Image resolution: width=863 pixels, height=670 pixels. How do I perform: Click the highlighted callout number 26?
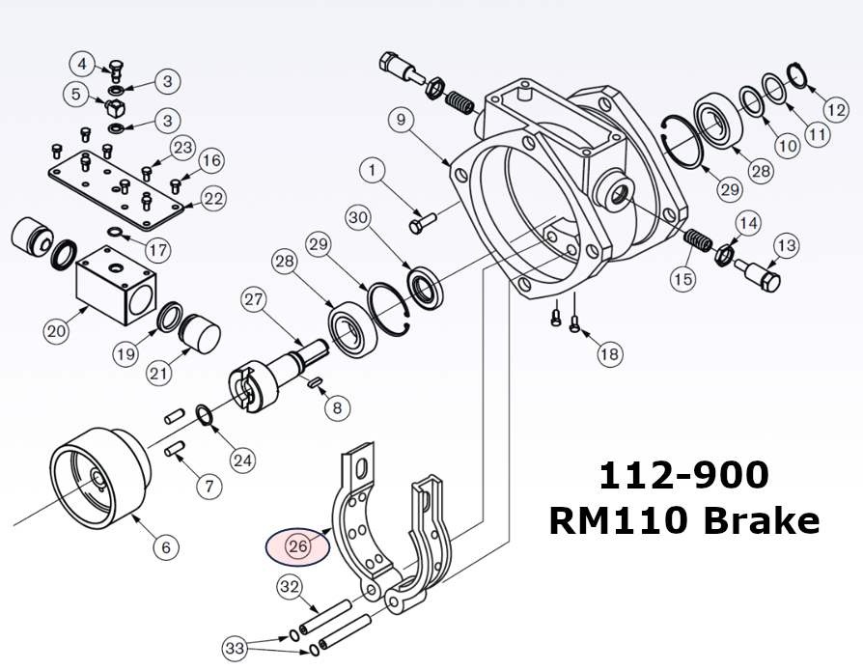[x=297, y=546]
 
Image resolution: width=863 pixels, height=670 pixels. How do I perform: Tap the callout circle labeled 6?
[x=165, y=547]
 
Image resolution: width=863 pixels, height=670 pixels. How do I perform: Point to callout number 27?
[x=254, y=299]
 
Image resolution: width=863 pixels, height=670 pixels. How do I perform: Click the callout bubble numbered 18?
[x=609, y=355]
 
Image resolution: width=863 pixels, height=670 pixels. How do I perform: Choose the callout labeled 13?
[x=786, y=246]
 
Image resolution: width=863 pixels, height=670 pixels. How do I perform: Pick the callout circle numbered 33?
[x=235, y=647]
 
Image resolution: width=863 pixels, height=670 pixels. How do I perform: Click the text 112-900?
[x=683, y=475]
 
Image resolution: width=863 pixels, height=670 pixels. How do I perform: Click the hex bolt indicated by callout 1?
[x=422, y=225]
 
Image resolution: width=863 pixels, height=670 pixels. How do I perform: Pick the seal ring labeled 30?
[x=424, y=286]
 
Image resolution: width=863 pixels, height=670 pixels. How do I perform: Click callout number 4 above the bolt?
[x=83, y=65]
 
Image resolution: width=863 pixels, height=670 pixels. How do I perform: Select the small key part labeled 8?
[x=315, y=383]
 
